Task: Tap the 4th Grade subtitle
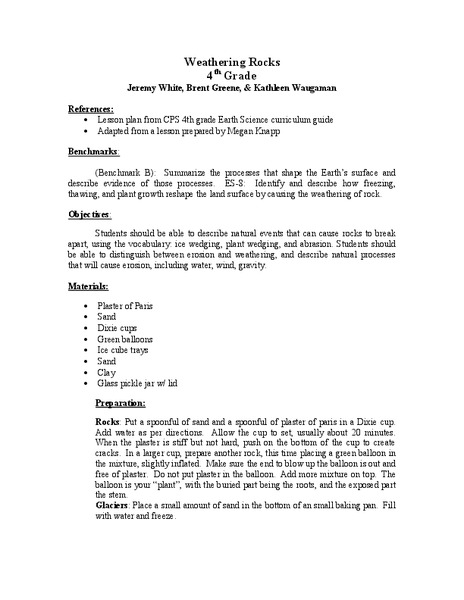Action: (231, 75)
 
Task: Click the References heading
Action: (90, 109)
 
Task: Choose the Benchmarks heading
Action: (93, 153)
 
